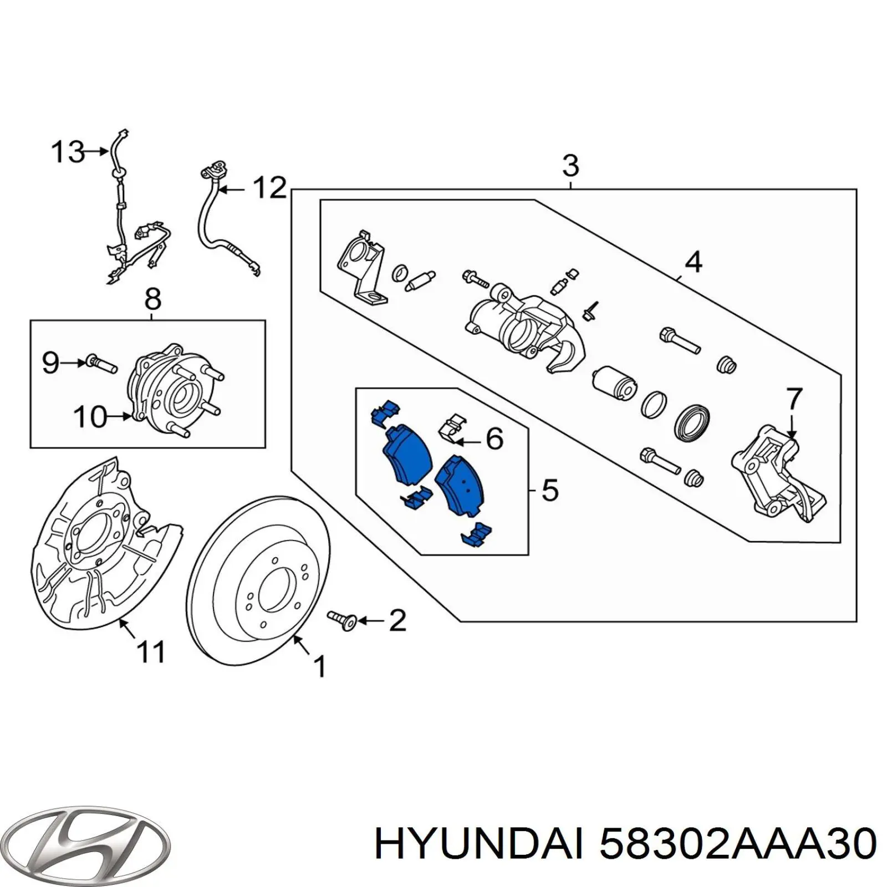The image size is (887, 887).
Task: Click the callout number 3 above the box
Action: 570,166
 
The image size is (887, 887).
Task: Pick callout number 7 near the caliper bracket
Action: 794,399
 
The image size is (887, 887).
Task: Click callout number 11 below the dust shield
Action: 151,651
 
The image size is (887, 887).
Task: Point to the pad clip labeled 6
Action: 452,428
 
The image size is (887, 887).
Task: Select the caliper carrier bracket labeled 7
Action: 776,477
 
